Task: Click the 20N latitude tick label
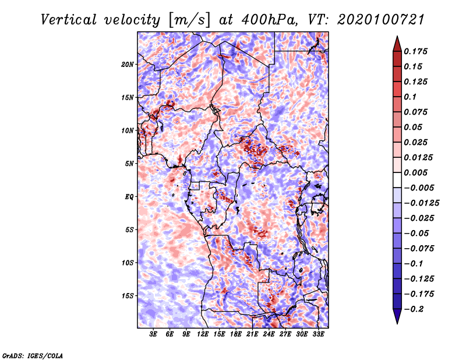[128, 64]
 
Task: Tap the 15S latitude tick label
[128, 295]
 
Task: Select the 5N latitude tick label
[129, 163]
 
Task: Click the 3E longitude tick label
[153, 334]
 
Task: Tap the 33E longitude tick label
[319, 334]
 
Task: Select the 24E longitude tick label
[269, 334]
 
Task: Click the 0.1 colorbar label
[410, 97]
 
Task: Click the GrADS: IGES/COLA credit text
[33, 355]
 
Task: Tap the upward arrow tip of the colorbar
[397, 38]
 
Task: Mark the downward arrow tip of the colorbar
[397, 322]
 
